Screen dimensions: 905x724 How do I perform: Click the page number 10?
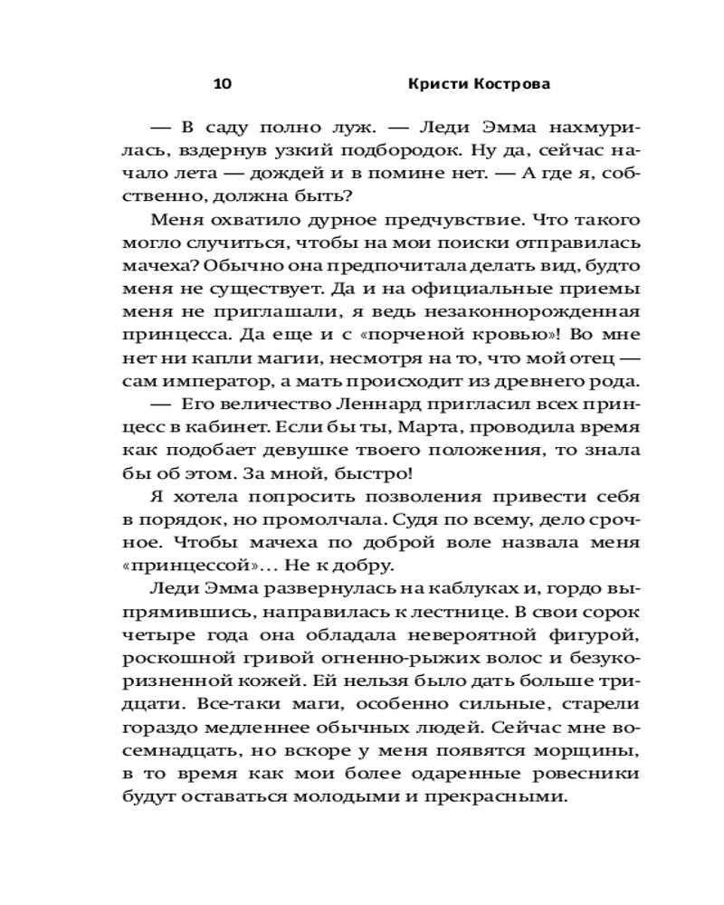point(223,84)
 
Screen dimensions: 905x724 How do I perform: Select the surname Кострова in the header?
point(514,84)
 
